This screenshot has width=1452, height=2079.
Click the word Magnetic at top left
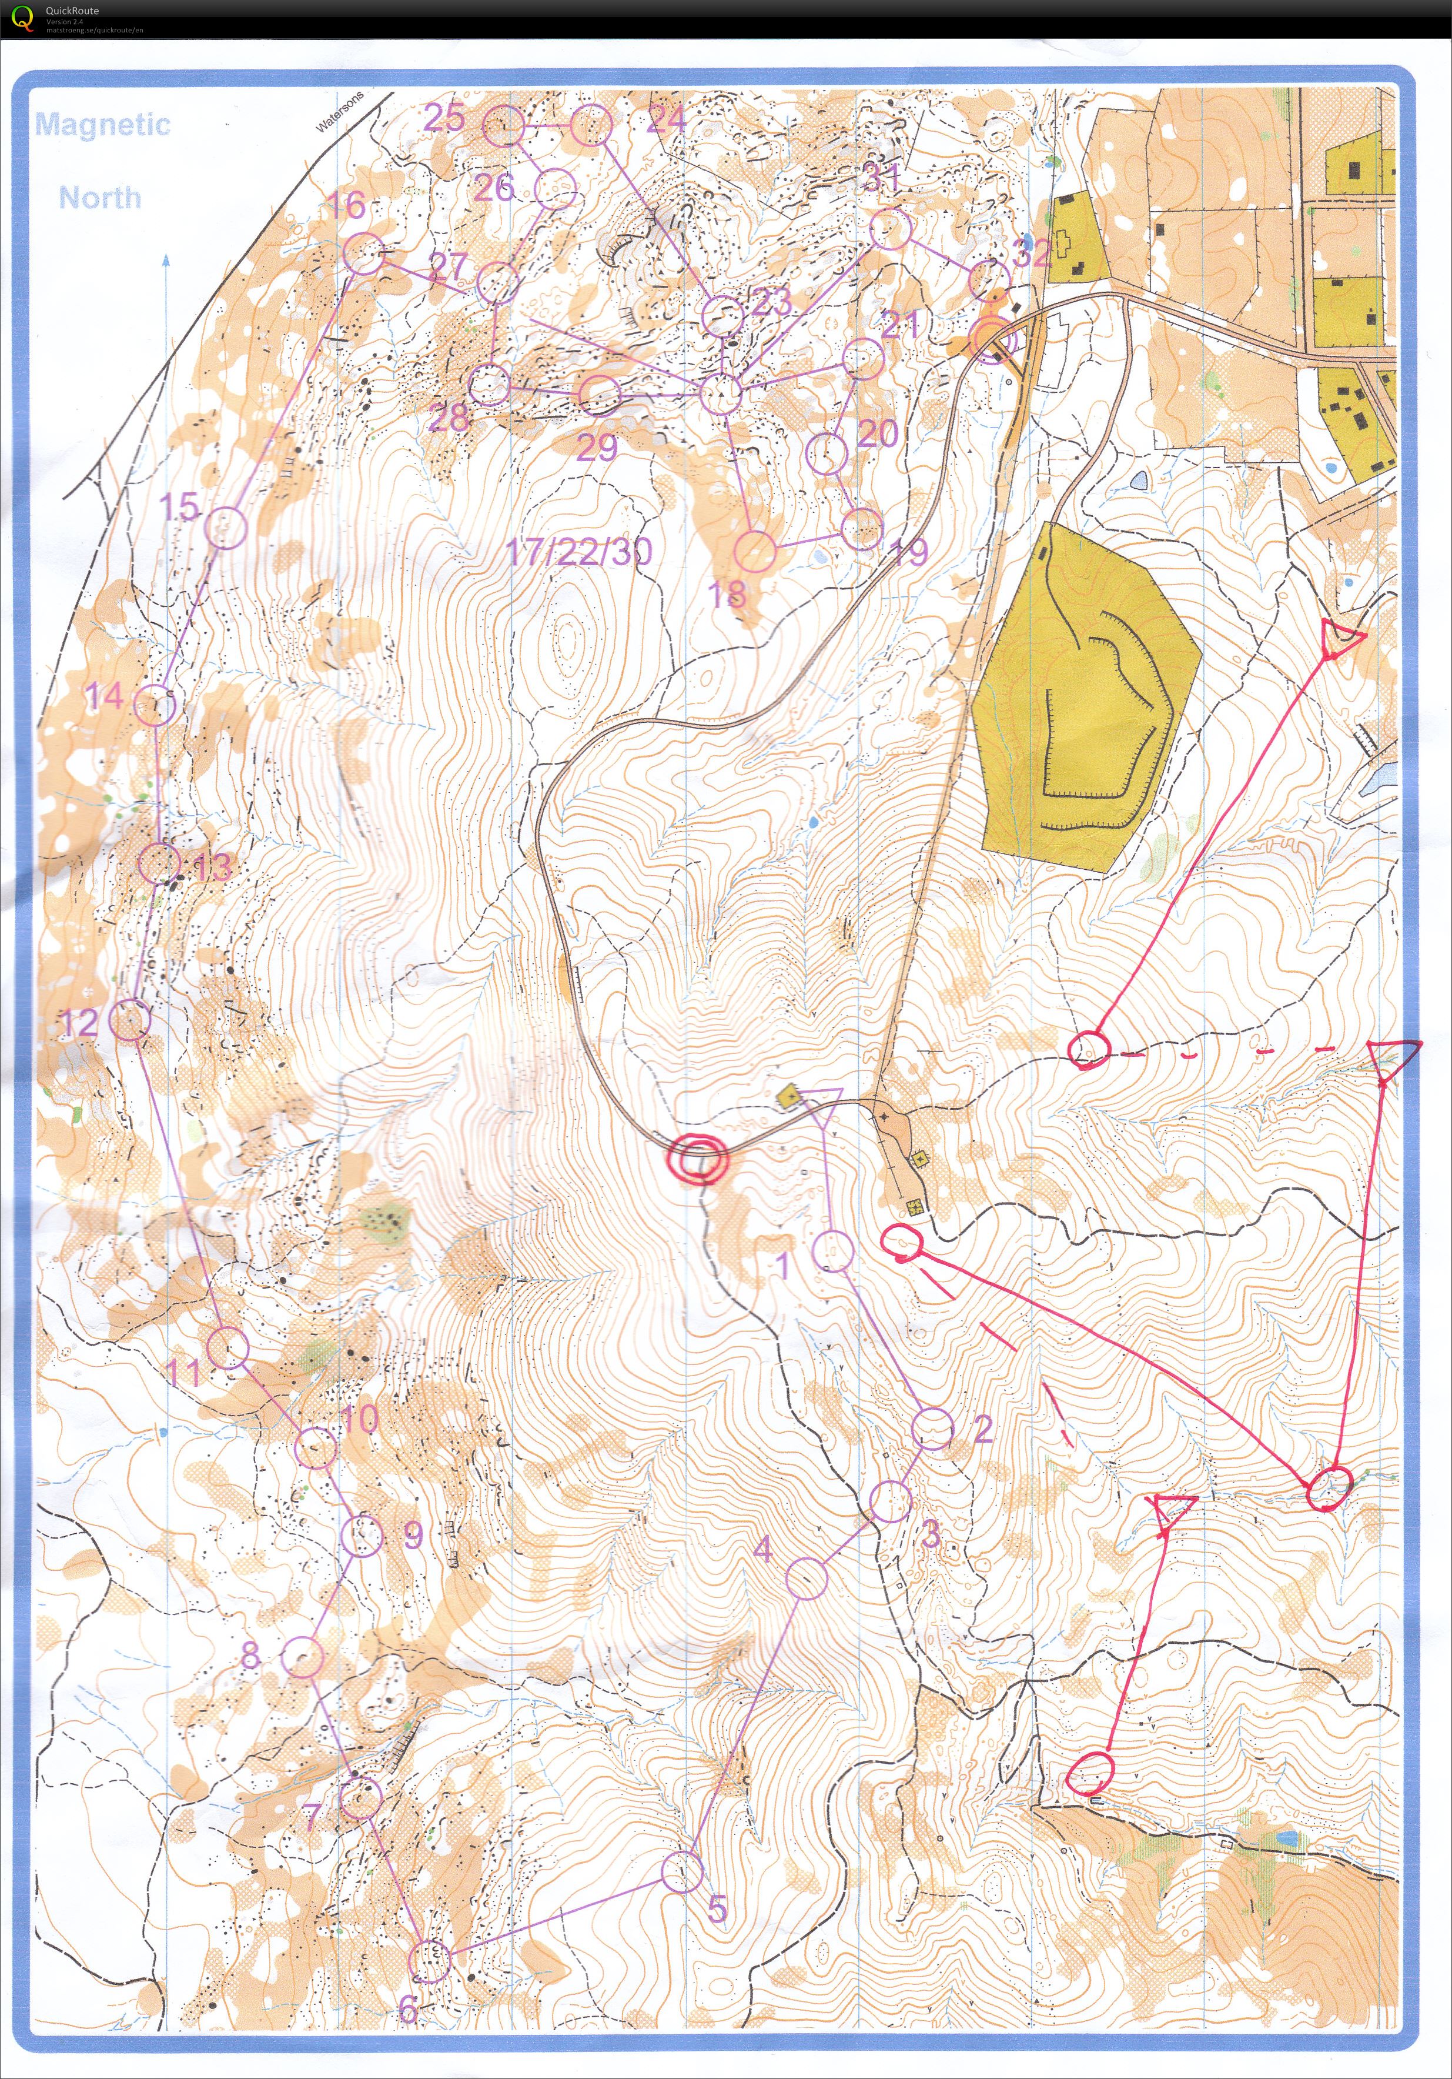pyautogui.click(x=102, y=124)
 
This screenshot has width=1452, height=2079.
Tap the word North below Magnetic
pyautogui.click(x=101, y=198)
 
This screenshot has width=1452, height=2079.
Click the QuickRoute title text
pyautogui.click(x=72, y=11)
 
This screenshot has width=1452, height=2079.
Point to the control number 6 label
pyautogui.click(x=408, y=2009)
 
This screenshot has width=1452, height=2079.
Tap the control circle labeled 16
pyautogui.click(x=364, y=253)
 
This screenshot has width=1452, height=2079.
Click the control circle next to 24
pyautogui.click(x=590, y=124)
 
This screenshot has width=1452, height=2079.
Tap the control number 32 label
pyautogui.click(x=1032, y=253)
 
